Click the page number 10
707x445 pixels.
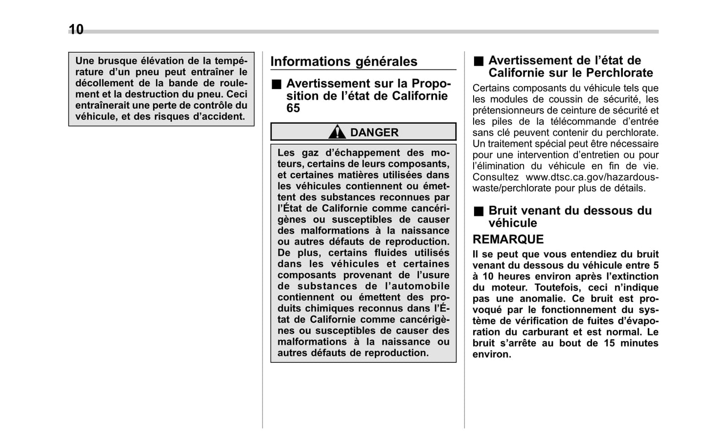coord(76,30)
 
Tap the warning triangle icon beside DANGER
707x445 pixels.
coord(337,132)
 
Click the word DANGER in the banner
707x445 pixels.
coord(374,133)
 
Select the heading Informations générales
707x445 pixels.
coord(343,62)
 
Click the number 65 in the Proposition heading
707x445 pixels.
coord(293,108)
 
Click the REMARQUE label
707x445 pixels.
coord(508,239)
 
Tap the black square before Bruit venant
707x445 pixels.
coord(478,211)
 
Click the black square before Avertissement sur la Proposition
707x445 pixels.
coord(276,84)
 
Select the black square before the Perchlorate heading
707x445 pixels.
coord(478,61)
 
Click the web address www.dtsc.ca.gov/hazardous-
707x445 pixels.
coord(592,177)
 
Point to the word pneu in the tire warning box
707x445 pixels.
coord(147,72)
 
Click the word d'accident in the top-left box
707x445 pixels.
coord(220,117)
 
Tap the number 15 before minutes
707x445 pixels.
coord(609,343)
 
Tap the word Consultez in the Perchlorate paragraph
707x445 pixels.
coord(495,177)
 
